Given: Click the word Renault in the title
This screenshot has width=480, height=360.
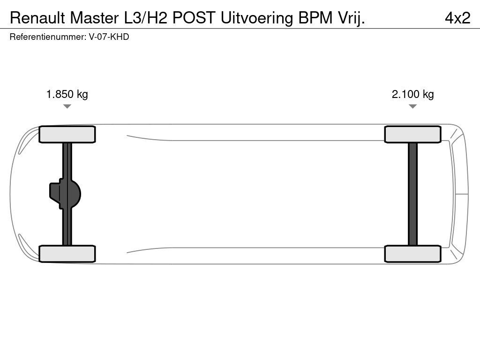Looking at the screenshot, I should [37, 18].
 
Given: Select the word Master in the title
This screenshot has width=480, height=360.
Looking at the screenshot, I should [94, 18].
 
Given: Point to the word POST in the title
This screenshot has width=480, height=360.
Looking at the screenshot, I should [194, 18].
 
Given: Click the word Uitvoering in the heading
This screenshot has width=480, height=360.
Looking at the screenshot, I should [257, 18].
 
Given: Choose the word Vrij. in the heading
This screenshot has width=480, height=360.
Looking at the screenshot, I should [351, 18].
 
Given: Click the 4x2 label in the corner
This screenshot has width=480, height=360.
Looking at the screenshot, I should [457, 18].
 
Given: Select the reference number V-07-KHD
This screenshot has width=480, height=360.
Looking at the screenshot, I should [109, 37].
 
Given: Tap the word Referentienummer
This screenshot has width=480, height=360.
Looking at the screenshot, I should [47, 37].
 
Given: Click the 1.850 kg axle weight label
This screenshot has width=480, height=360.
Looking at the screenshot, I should [67, 94].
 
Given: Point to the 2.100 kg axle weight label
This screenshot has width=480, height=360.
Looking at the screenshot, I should [413, 94].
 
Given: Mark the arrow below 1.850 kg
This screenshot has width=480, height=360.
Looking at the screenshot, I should [67, 106].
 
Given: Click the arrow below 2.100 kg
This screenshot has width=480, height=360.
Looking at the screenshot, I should [412, 106].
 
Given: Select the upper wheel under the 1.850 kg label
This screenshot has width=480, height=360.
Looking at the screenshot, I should [67, 135].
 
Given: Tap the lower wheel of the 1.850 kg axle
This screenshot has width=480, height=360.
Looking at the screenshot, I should [67, 254].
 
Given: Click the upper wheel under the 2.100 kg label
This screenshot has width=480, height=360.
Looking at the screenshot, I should [412, 135].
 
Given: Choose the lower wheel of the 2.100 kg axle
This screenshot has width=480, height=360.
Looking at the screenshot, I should [412, 254].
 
